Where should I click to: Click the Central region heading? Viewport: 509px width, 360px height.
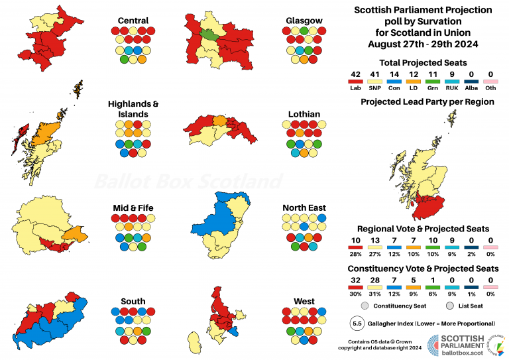pos(133,21)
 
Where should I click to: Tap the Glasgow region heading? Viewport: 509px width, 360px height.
pos(304,21)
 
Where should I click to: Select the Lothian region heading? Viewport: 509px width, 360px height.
pos(304,114)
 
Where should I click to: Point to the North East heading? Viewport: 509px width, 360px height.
pos(304,208)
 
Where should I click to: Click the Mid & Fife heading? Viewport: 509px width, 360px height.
pos(133,208)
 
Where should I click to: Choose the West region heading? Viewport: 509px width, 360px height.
pos(304,301)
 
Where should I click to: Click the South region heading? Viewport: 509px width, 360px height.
pos(133,301)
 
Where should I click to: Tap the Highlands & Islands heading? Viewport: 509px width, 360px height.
pos(133,109)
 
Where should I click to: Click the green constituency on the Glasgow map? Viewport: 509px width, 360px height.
pos(208,33)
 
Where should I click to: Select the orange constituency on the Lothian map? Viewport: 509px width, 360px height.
pos(220,121)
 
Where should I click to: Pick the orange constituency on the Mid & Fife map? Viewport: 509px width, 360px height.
pos(76,235)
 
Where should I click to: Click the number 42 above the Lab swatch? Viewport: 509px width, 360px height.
pos(355,75)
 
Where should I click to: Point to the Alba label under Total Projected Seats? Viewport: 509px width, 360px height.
pos(471,88)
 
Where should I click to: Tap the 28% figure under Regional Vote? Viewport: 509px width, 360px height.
pos(355,254)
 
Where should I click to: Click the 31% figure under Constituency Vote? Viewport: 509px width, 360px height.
pos(374,294)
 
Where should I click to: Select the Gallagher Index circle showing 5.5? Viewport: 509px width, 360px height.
pos(357,324)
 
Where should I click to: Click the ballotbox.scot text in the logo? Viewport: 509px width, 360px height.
pos(462,353)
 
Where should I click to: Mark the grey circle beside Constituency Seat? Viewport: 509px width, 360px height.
pos(365,306)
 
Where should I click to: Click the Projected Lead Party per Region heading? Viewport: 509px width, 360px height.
pos(427,102)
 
